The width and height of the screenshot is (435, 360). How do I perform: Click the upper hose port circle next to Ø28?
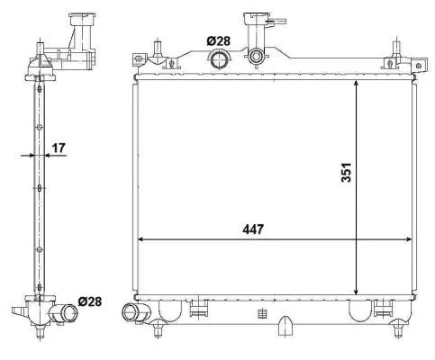(x=219, y=60)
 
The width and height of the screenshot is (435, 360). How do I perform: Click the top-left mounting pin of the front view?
(x=159, y=51)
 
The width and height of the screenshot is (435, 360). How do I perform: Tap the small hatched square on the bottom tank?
(x=261, y=314)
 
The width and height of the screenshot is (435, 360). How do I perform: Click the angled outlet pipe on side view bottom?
(x=64, y=314)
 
